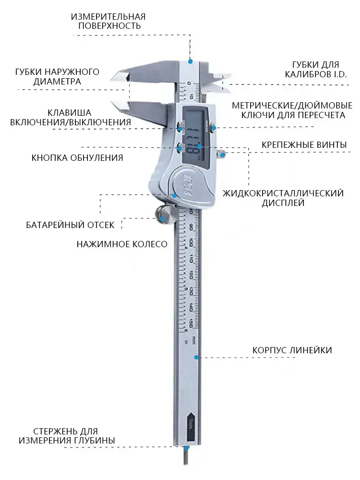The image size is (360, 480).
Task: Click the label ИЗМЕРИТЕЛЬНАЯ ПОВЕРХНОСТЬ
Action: point(108,21)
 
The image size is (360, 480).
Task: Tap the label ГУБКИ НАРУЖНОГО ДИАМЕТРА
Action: point(57,76)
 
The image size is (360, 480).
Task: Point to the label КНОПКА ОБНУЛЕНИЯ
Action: point(77,157)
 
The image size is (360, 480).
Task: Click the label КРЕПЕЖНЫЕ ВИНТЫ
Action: point(304,144)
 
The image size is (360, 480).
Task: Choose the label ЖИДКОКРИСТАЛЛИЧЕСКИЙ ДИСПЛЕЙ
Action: point(283,198)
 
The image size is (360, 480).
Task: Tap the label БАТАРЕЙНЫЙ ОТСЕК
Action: point(70,224)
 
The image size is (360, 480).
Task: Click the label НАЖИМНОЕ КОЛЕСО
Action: point(122,244)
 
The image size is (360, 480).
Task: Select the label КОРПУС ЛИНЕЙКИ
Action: point(292,350)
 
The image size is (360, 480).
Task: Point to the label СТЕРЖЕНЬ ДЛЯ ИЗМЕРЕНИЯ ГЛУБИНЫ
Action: point(67,435)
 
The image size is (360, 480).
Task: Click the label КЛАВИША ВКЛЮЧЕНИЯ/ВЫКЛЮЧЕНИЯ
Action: point(71,117)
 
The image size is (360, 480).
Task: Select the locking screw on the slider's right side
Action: point(221,155)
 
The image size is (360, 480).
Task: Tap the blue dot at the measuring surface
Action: point(190,61)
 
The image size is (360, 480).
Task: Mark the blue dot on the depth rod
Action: point(188,447)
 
